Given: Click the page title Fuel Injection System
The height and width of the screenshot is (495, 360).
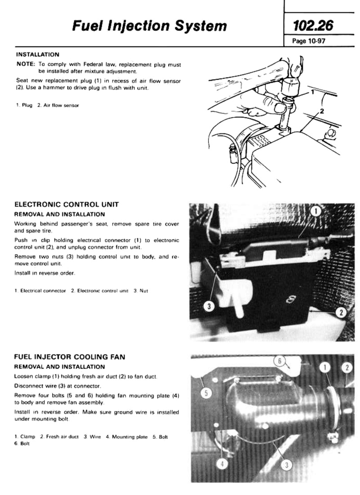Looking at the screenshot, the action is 149,26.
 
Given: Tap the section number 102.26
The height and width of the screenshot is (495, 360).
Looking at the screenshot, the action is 313,26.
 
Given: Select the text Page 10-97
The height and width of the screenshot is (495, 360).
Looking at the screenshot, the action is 309,41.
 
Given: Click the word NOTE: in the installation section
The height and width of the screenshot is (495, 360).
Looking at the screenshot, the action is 26,64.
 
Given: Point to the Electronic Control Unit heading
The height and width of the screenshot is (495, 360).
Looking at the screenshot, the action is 67,204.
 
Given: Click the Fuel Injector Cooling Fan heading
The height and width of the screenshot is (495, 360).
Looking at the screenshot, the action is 70,357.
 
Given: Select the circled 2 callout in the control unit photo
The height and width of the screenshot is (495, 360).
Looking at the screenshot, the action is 341,312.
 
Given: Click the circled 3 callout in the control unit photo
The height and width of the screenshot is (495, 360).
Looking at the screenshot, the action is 209,306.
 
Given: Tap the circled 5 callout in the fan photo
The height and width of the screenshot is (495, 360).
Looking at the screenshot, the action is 206,393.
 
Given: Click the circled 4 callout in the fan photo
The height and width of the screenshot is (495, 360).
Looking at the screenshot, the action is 222,464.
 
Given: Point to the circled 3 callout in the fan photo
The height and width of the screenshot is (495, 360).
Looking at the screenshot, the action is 286,465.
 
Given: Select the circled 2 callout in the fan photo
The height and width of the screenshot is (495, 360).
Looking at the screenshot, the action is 347,367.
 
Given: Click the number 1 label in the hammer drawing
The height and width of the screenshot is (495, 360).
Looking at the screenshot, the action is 312,92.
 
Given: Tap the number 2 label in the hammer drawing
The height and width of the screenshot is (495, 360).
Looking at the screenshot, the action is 322,111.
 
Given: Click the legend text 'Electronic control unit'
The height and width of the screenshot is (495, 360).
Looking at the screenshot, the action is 103,291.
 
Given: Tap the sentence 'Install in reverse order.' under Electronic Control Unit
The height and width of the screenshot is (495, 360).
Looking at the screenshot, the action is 45,273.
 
